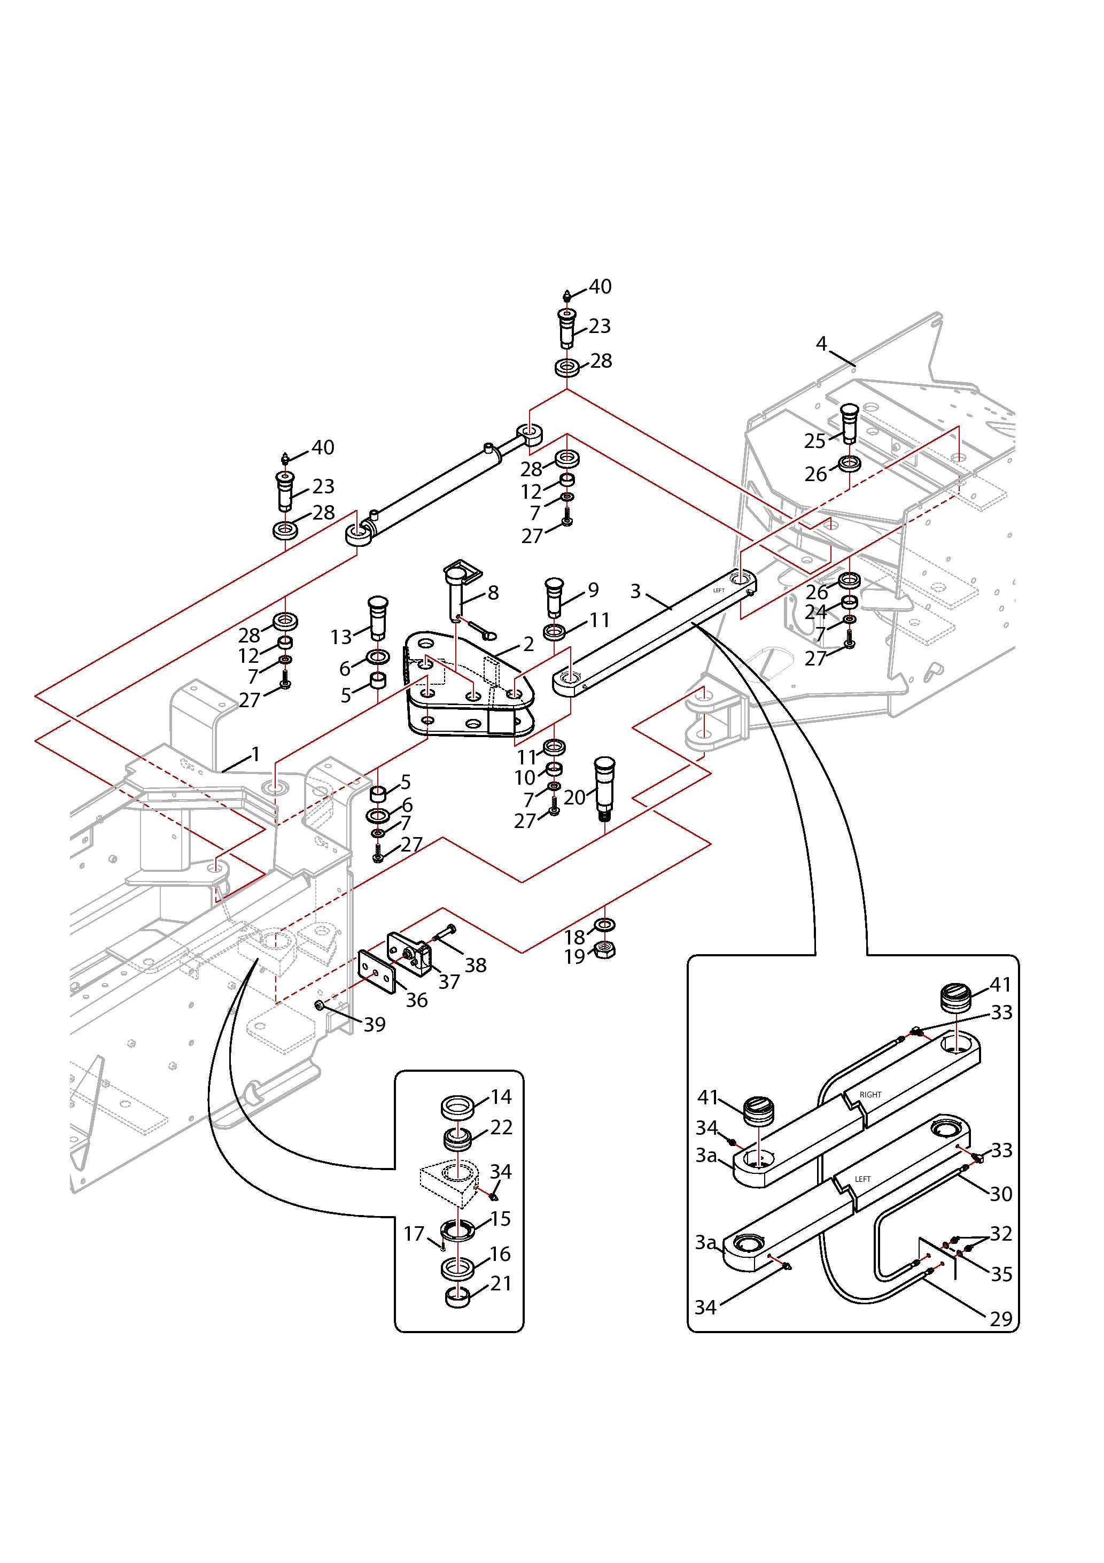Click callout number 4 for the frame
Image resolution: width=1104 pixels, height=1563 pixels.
pos(821,344)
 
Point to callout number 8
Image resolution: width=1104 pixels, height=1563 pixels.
pos(493,592)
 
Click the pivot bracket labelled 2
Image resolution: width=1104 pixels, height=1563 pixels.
pos(470,687)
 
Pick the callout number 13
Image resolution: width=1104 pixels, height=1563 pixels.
pos(341,637)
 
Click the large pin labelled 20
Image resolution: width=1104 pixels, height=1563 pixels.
pos(604,786)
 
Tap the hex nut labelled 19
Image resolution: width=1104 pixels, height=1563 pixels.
pos(605,950)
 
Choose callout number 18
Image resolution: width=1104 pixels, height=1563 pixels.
pos(574,938)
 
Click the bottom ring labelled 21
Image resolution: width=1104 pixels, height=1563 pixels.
pos(457,1297)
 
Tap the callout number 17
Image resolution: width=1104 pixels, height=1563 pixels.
pos(414,1234)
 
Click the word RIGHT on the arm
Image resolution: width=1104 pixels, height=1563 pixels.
pos(870,1095)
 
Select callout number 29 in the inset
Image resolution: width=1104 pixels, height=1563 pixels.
pos(1000,1319)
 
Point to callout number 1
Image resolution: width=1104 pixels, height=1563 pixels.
pos(256,754)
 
